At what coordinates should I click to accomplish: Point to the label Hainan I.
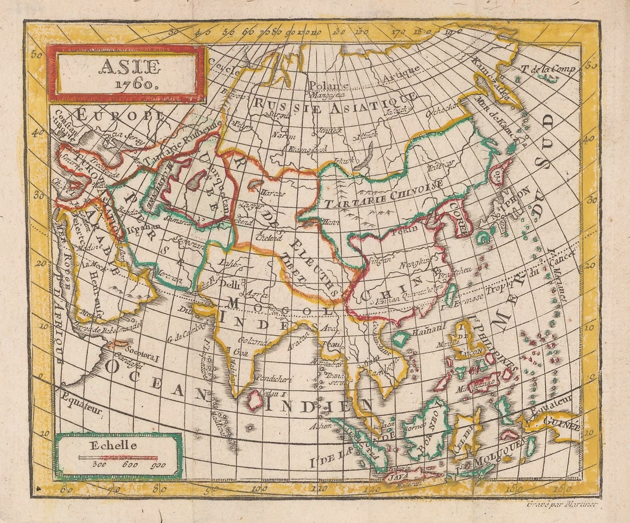(429, 331)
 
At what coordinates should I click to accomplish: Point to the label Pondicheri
(275, 379)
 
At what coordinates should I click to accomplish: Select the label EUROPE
(119, 115)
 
